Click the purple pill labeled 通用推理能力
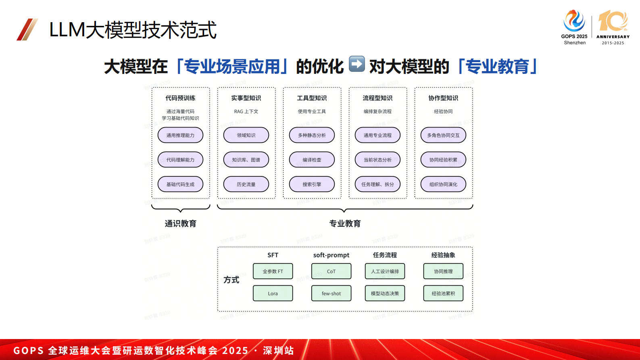pos(180,135)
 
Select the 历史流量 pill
pos(246,184)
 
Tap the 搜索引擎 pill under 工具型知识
pos(312,184)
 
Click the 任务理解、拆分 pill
pos(377,184)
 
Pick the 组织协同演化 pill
pos(443,184)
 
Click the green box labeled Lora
pos(273,293)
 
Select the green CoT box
pos(331,271)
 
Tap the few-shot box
pos(331,293)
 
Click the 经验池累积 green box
pos(443,293)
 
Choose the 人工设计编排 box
pos(385,271)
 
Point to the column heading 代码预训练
pos(180,98)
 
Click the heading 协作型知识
pos(443,98)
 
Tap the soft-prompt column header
pos(331,255)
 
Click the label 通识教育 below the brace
pos(180,224)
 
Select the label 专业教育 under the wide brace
pos(345,224)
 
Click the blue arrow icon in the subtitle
pos(356,64)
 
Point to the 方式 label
pos(231,280)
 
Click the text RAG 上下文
pos(246,111)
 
